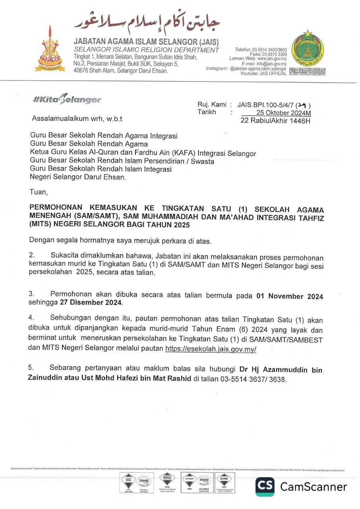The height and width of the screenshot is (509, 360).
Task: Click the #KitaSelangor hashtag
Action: click(x=67, y=100)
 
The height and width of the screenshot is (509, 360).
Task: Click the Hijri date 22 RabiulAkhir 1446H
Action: click(x=275, y=120)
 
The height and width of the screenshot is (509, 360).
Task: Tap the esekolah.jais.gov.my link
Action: click(x=211, y=349)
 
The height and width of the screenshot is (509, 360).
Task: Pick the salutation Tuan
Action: click(x=39, y=192)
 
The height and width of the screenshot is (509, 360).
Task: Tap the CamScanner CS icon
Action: click(x=265, y=486)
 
